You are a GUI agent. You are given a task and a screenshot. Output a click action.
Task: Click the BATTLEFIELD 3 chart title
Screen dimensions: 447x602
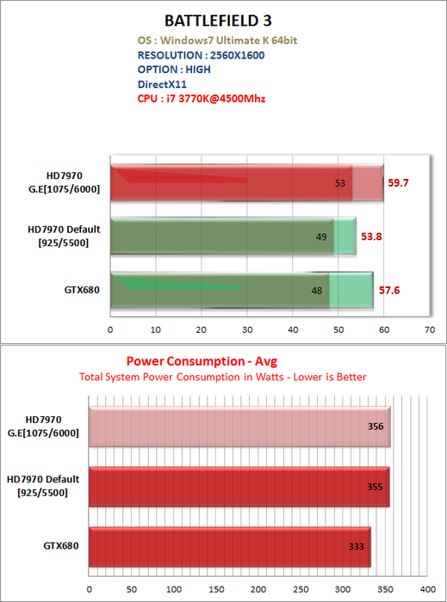pyautogui.click(x=218, y=21)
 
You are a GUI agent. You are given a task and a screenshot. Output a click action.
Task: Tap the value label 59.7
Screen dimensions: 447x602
pyautogui.click(x=398, y=182)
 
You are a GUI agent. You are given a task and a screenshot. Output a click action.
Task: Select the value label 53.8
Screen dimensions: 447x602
pyautogui.click(x=371, y=236)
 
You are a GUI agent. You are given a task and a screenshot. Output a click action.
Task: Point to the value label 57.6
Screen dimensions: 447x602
pyautogui.click(x=389, y=291)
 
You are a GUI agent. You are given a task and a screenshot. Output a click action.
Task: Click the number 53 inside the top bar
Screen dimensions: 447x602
pyautogui.click(x=339, y=183)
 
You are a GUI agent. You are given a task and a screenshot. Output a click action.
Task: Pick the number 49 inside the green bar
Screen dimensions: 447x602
pyautogui.click(x=321, y=236)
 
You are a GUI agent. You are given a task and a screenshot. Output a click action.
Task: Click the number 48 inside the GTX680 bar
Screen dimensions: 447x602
pyautogui.click(x=317, y=291)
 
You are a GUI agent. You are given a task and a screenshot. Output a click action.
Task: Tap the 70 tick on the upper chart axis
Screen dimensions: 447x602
pyautogui.click(x=430, y=329)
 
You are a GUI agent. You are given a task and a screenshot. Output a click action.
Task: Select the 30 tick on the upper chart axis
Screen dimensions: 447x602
pyautogui.click(x=247, y=329)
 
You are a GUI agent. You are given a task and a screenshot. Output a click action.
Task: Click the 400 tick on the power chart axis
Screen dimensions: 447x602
pyautogui.click(x=427, y=589)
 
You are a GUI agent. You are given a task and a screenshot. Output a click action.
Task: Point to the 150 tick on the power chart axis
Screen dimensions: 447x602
pyautogui.click(x=216, y=589)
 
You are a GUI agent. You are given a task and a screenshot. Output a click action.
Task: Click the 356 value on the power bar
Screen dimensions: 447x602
pyautogui.click(x=376, y=427)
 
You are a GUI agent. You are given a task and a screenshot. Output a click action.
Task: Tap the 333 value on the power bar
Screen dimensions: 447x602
pyautogui.click(x=357, y=546)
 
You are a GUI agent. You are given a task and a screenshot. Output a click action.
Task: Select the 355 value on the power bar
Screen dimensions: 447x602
pyautogui.click(x=375, y=487)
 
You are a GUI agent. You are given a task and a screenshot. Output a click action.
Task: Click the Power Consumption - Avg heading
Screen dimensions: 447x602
pyautogui.click(x=202, y=361)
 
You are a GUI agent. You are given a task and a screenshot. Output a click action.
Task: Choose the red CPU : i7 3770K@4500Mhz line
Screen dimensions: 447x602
pyautogui.click(x=202, y=99)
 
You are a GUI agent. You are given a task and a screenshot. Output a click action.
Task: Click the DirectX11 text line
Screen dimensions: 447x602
pyautogui.click(x=162, y=84)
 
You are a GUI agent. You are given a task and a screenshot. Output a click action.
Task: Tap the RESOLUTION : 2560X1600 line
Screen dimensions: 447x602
pyautogui.click(x=201, y=55)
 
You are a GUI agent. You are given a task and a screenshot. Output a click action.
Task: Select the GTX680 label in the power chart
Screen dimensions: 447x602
pyautogui.click(x=61, y=545)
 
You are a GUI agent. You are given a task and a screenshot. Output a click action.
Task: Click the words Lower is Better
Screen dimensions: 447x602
pyautogui.click(x=330, y=377)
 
